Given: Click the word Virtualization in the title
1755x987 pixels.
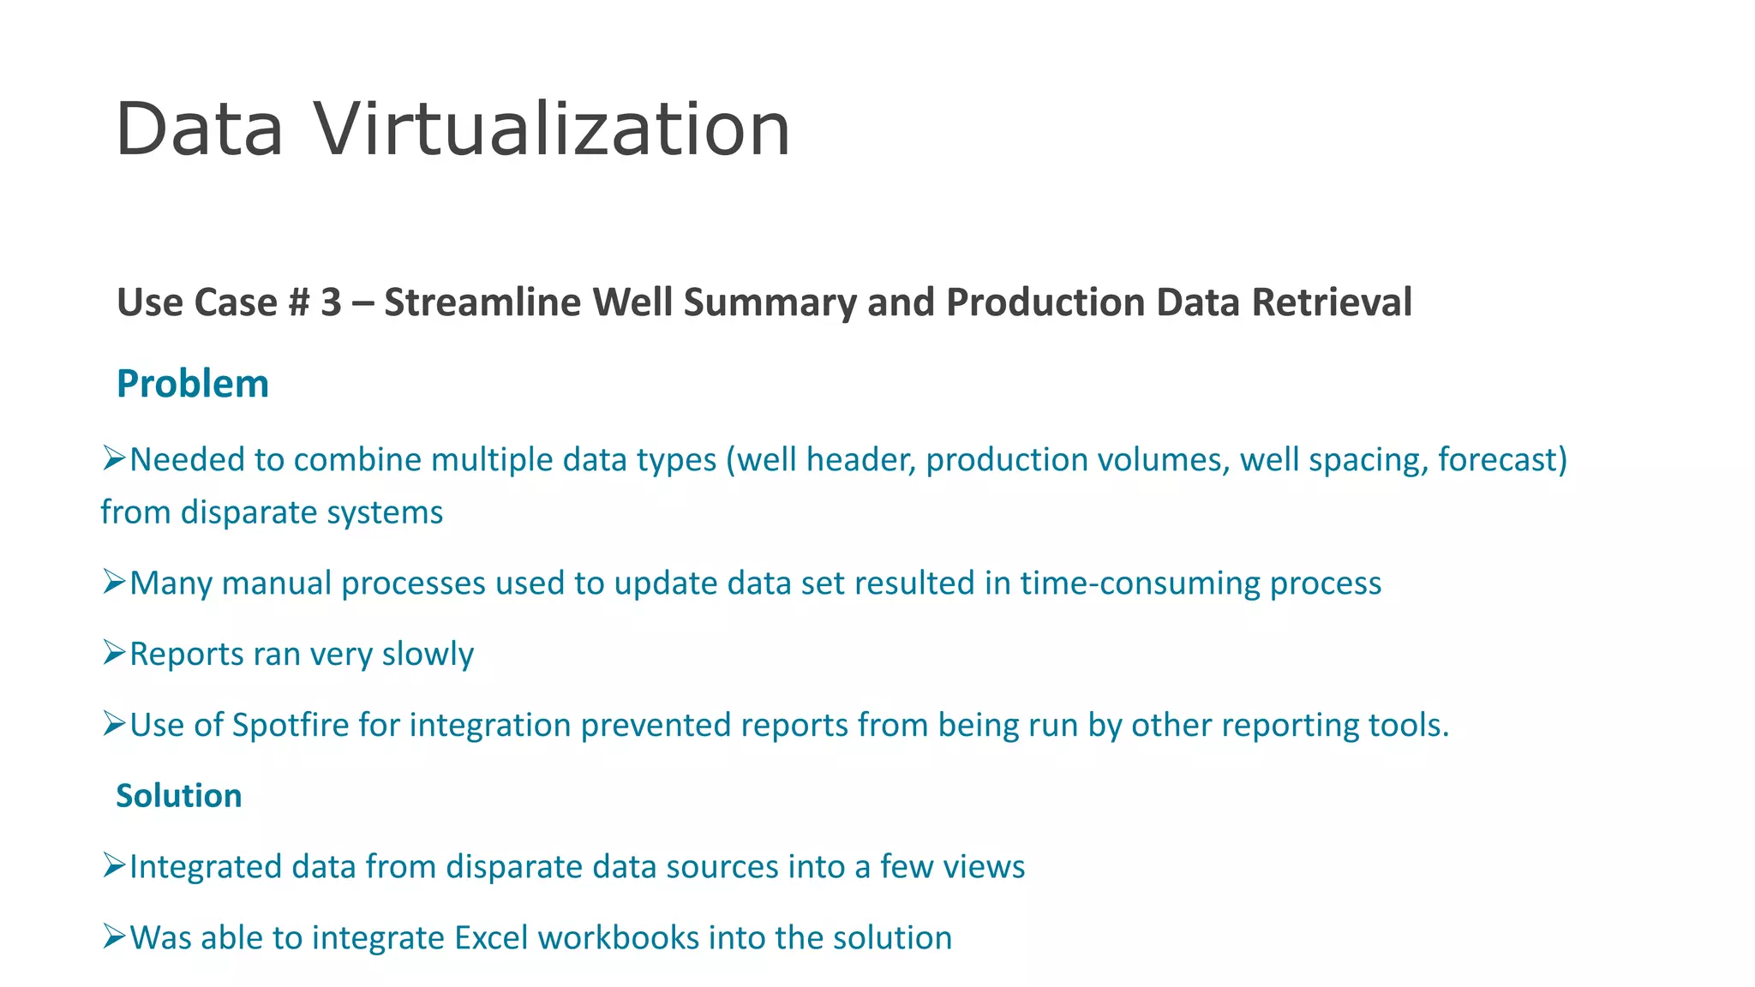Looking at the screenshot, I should [x=551, y=129].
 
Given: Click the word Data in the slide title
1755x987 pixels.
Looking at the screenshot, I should [x=199, y=129].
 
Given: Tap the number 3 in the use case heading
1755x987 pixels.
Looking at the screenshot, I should [x=331, y=302].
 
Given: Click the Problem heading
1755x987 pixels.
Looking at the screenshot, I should [x=193, y=383].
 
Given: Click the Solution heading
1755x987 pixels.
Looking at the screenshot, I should [x=179, y=796].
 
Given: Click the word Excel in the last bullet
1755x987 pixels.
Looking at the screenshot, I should [x=491, y=937].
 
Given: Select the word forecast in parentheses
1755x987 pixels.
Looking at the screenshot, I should [x=1497, y=460].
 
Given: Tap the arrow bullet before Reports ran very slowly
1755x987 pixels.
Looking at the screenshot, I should [x=114, y=653].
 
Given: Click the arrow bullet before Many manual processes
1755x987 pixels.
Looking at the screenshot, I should [x=114, y=582].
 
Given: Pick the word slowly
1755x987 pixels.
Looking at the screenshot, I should [x=428, y=655].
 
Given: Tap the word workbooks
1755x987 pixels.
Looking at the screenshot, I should [x=619, y=937].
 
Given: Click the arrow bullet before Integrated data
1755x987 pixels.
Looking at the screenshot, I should [x=114, y=865].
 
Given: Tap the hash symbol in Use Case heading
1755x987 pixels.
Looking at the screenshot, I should [x=298, y=302].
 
